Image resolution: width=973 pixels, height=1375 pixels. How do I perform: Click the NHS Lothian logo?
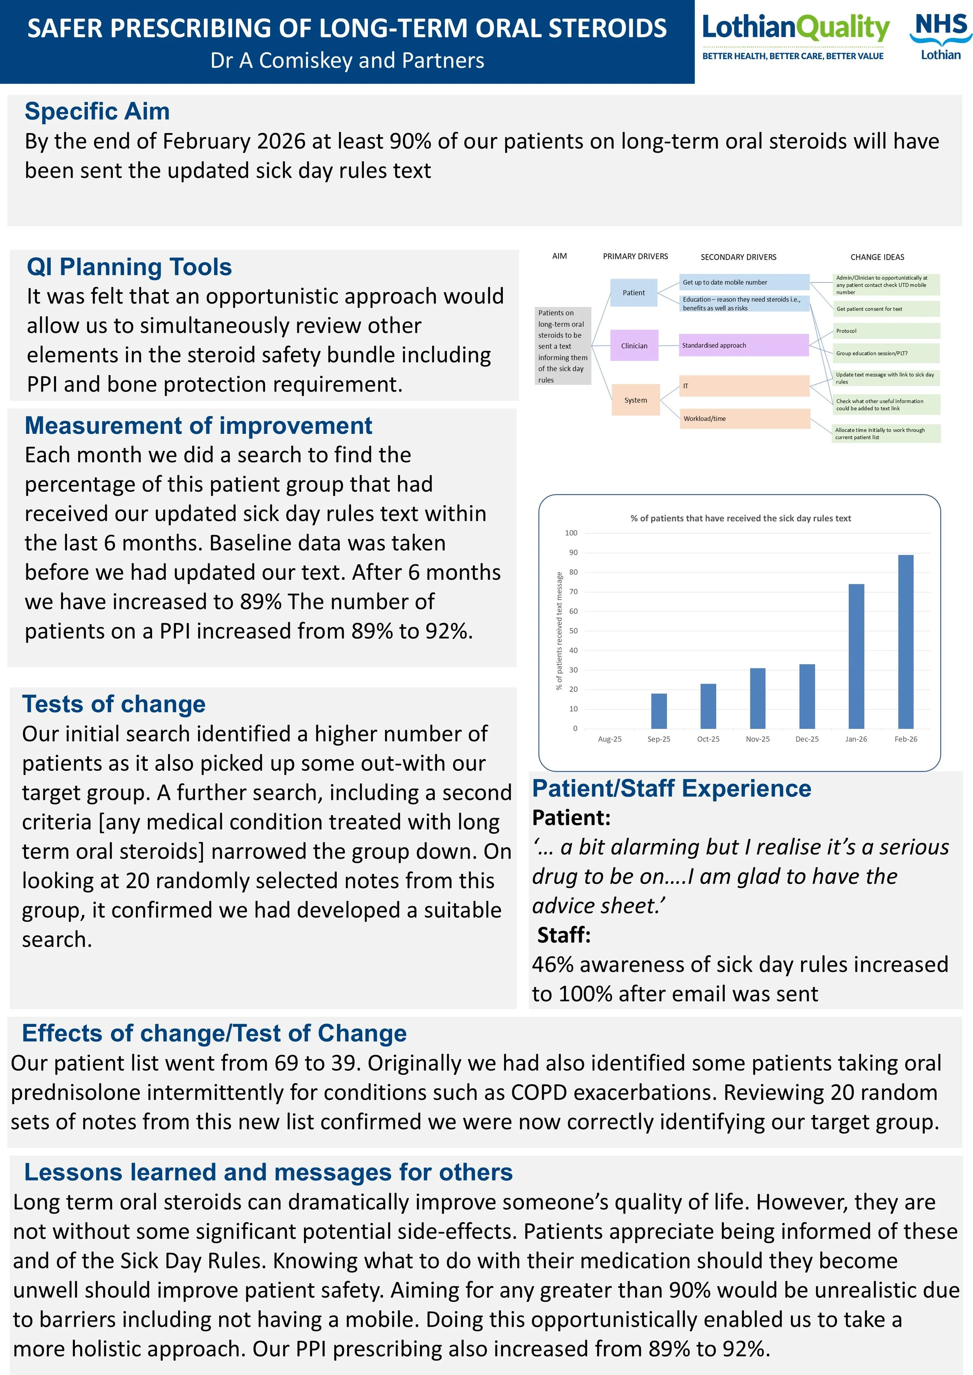click(940, 37)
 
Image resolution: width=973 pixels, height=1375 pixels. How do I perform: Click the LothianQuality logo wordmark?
click(796, 28)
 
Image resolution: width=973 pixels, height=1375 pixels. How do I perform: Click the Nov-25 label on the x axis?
click(757, 739)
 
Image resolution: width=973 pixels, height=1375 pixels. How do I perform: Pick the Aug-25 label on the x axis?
click(609, 739)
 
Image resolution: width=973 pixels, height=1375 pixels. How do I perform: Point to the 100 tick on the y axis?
click(571, 532)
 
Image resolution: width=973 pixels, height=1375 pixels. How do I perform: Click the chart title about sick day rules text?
click(741, 518)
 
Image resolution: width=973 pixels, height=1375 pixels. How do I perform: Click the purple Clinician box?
click(634, 346)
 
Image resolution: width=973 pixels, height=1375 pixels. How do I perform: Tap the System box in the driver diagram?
click(636, 400)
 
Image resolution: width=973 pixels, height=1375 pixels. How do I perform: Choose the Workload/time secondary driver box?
click(744, 419)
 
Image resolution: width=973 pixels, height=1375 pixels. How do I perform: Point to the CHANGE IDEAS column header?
click(877, 257)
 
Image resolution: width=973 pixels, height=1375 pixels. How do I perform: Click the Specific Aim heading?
click(97, 111)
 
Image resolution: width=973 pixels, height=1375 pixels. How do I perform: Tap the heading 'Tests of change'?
click(114, 704)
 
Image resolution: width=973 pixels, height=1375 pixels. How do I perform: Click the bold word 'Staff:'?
click(564, 935)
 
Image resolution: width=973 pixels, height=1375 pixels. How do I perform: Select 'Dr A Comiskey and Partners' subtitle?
click(348, 60)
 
